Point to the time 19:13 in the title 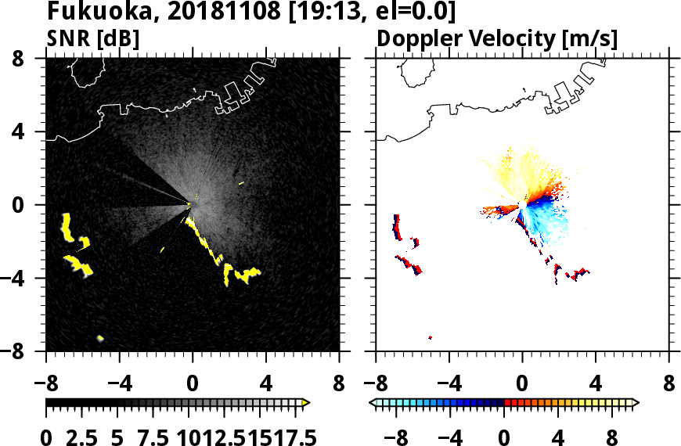306,13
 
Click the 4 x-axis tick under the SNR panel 266,384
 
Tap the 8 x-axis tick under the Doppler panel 668,384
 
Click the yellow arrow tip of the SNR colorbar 306,403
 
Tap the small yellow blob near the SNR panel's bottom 100,338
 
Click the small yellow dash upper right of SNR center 241,184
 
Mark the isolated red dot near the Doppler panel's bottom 430,337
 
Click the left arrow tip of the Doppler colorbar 372,403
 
